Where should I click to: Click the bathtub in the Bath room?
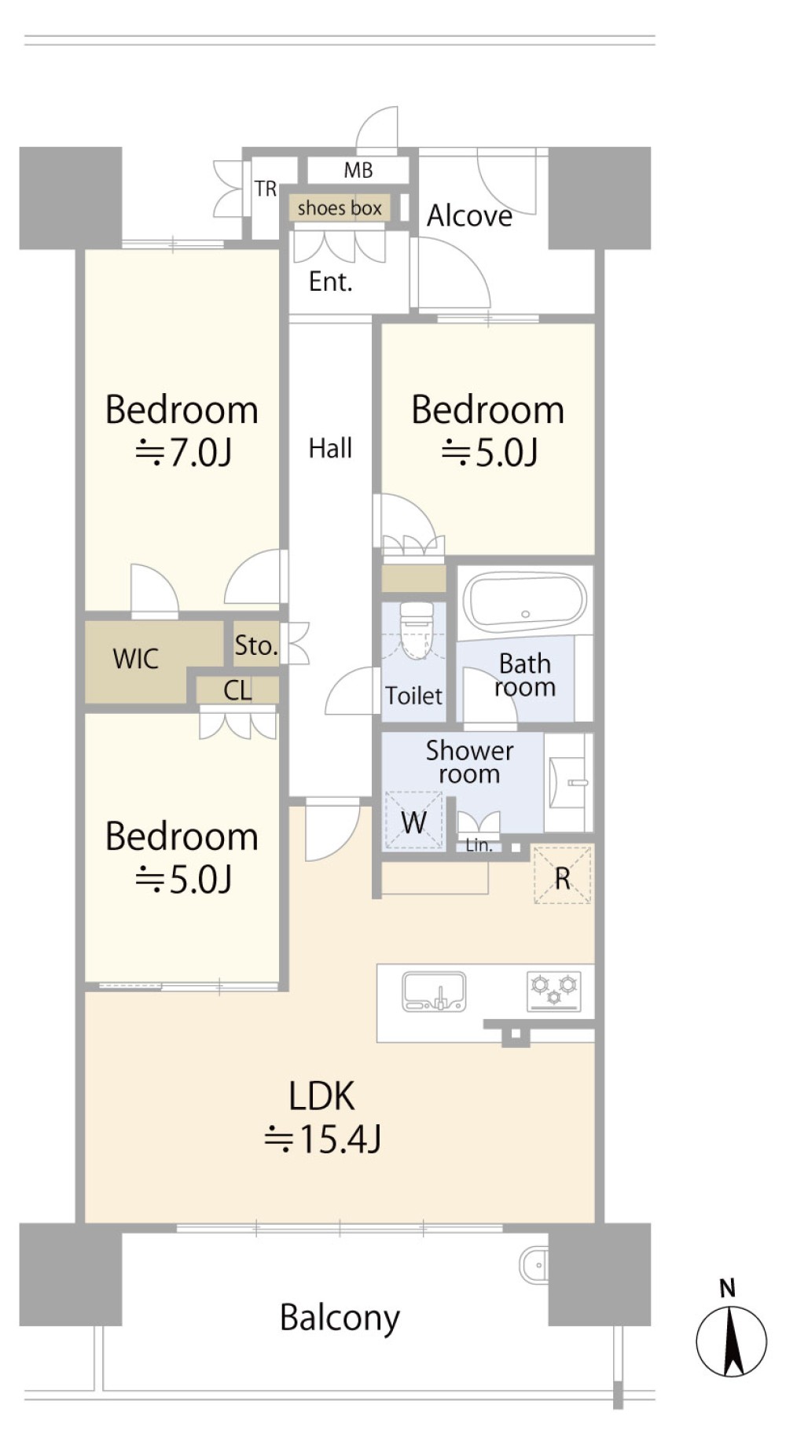click(524, 601)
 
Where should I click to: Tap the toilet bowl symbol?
click(417, 630)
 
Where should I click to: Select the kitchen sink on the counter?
click(434, 991)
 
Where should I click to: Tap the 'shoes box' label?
click(340, 208)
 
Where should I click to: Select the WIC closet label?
click(136, 659)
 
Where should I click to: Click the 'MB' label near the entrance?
click(358, 170)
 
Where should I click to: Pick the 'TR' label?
click(266, 189)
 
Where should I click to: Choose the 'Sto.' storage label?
click(256, 645)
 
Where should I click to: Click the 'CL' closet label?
click(237, 690)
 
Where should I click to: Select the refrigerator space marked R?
click(562, 875)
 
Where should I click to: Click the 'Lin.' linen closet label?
click(479, 846)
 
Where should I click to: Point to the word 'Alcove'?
click(469, 215)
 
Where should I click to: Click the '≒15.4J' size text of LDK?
click(322, 1139)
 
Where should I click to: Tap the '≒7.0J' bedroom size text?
click(183, 453)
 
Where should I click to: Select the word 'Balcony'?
click(340, 1318)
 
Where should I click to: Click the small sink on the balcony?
click(534, 1265)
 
